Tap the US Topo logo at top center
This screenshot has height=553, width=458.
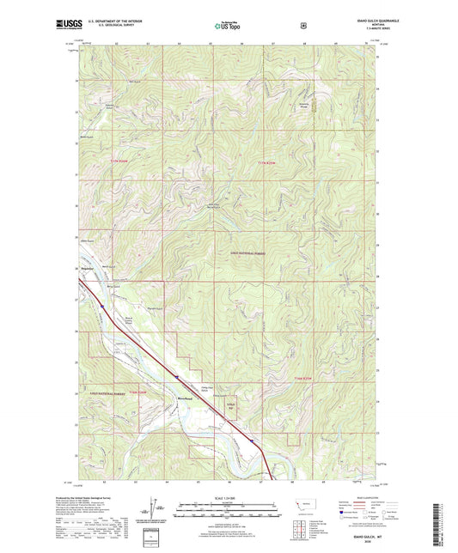[x=229, y=27]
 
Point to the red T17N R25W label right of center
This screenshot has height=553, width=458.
[x=268, y=161]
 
